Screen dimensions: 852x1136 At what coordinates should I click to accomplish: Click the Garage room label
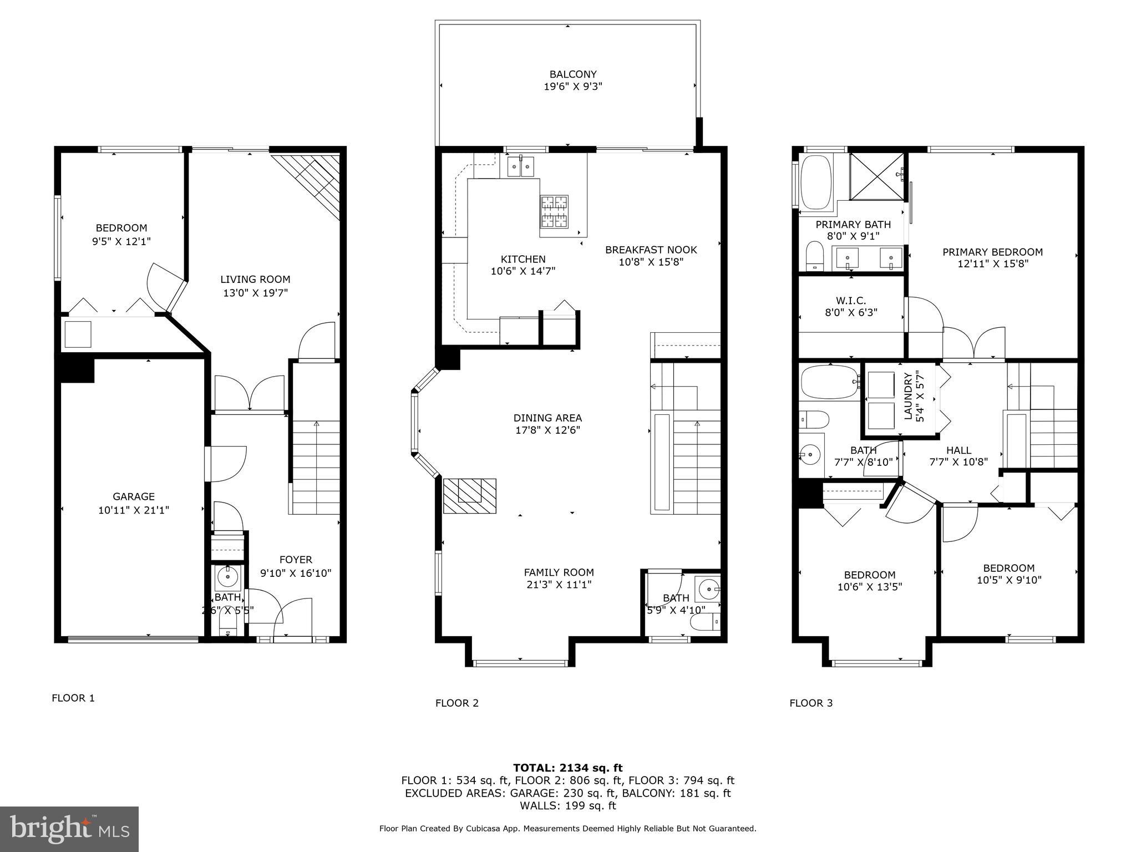pyautogui.click(x=134, y=496)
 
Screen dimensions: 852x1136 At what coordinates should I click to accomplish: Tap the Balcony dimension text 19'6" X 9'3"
pyautogui.click(x=573, y=87)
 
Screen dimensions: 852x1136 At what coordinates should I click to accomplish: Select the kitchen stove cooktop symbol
pyautogui.click(x=554, y=211)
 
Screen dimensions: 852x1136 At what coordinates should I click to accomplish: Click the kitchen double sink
pyautogui.click(x=520, y=166)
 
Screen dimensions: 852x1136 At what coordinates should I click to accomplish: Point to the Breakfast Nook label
pyautogui.click(x=651, y=250)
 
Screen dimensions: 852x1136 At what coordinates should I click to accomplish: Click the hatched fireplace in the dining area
pyautogui.click(x=469, y=495)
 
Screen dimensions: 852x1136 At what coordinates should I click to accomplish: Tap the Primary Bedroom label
pyautogui.click(x=992, y=252)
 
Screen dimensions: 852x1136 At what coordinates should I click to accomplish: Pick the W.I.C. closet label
pyautogui.click(x=850, y=301)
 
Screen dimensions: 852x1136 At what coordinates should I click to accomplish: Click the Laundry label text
pyautogui.click(x=908, y=397)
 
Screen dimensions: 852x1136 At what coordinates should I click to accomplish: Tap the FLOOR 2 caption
pyautogui.click(x=457, y=703)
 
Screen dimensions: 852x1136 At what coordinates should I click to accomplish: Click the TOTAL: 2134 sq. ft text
pyautogui.click(x=567, y=768)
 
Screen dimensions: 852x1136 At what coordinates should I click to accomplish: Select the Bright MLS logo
pyautogui.click(x=69, y=829)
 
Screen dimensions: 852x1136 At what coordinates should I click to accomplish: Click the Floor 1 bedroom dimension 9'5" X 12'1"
pyautogui.click(x=121, y=241)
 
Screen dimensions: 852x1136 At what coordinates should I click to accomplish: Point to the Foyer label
pyautogui.click(x=296, y=560)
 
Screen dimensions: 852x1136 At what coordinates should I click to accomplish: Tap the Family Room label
pyautogui.click(x=559, y=572)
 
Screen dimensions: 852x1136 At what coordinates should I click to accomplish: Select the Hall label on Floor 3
pyautogui.click(x=958, y=450)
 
